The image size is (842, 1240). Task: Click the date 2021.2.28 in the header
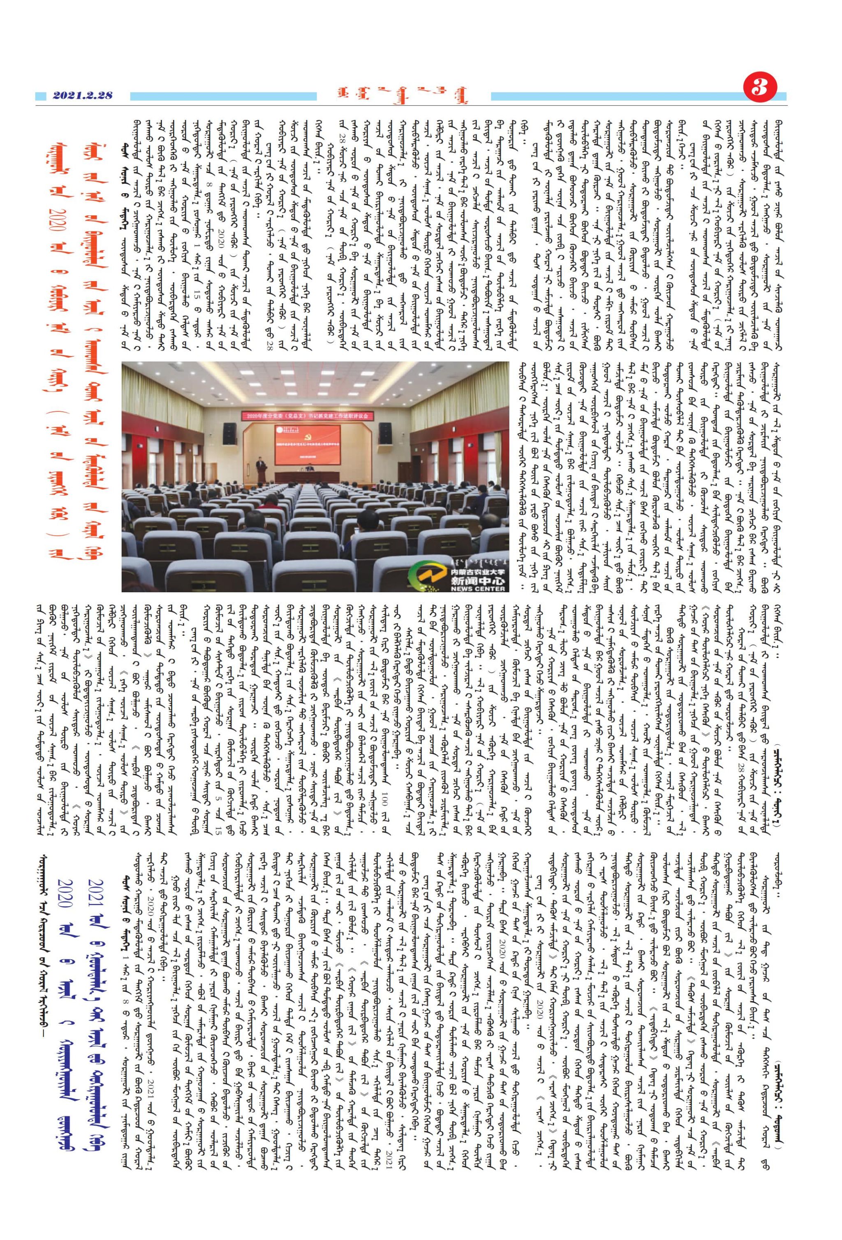[83, 96]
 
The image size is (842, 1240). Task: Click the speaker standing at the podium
[260, 463]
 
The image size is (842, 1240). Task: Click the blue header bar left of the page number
[614, 97]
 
